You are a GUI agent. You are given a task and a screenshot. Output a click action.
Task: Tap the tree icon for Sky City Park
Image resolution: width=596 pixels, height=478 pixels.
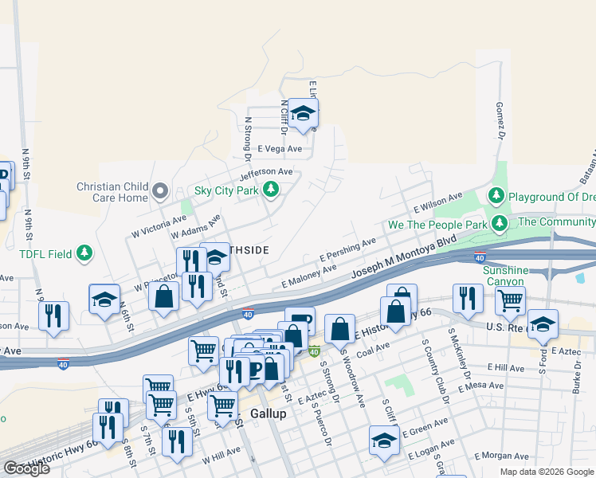click(x=272, y=190)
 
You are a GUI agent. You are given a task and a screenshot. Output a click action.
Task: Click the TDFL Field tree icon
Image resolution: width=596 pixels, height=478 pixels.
click(x=84, y=254)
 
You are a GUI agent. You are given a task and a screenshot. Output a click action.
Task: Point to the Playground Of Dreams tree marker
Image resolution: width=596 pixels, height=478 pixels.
click(x=496, y=195)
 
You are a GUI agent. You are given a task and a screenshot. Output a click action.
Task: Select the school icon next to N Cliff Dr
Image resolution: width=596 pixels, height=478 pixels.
click(x=303, y=113)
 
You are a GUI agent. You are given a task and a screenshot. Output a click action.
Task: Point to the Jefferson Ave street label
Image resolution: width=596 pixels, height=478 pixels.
click(x=266, y=172)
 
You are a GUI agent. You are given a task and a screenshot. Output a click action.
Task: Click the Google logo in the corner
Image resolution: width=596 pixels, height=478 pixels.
click(x=26, y=468)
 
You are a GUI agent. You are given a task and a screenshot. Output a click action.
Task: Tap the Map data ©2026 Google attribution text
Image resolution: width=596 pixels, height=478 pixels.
click(x=547, y=472)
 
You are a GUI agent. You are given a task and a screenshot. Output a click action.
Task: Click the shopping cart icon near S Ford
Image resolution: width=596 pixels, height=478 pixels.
click(x=510, y=300)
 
